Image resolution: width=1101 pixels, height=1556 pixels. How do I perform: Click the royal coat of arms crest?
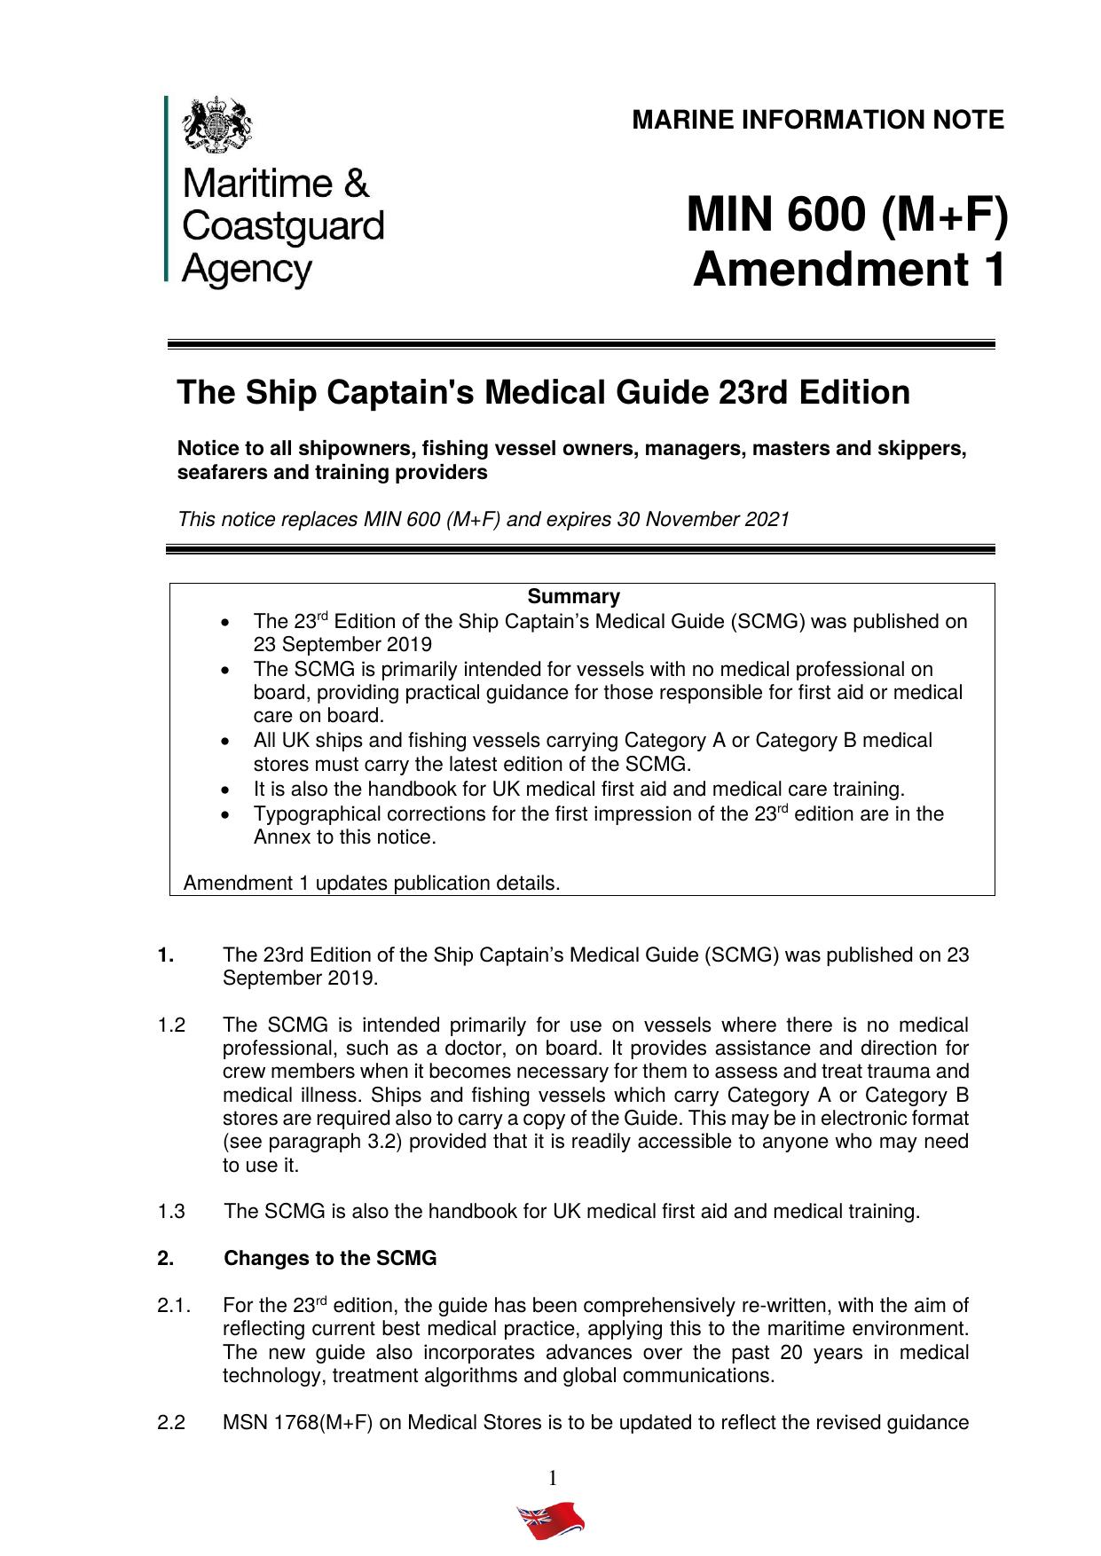click(x=216, y=125)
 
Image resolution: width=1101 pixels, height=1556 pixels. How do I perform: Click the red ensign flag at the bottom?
click(x=551, y=1521)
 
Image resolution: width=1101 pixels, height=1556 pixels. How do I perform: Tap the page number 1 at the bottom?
click(x=552, y=1478)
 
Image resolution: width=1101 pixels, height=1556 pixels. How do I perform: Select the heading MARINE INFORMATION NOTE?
click(x=817, y=120)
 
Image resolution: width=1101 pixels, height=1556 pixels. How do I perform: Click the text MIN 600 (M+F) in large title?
click(x=846, y=215)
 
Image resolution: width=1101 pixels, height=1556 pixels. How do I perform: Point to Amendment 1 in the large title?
click(x=849, y=269)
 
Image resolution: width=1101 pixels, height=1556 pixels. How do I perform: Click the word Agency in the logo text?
click(x=247, y=268)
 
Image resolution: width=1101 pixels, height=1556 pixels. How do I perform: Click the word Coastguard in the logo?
click(x=282, y=225)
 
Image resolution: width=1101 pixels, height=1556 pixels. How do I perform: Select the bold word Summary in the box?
click(x=573, y=596)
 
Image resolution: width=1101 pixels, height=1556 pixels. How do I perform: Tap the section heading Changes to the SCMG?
click(x=330, y=1258)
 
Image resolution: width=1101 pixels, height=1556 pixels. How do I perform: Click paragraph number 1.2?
click(x=171, y=1026)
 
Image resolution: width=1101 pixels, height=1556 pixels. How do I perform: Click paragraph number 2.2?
click(x=171, y=1423)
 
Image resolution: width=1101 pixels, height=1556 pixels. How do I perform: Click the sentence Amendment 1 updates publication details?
click(x=372, y=884)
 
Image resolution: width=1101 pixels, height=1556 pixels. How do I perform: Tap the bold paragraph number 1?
click(x=166, y=955)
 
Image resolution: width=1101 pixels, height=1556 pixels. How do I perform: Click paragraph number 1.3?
click(x=171, y=1211)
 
